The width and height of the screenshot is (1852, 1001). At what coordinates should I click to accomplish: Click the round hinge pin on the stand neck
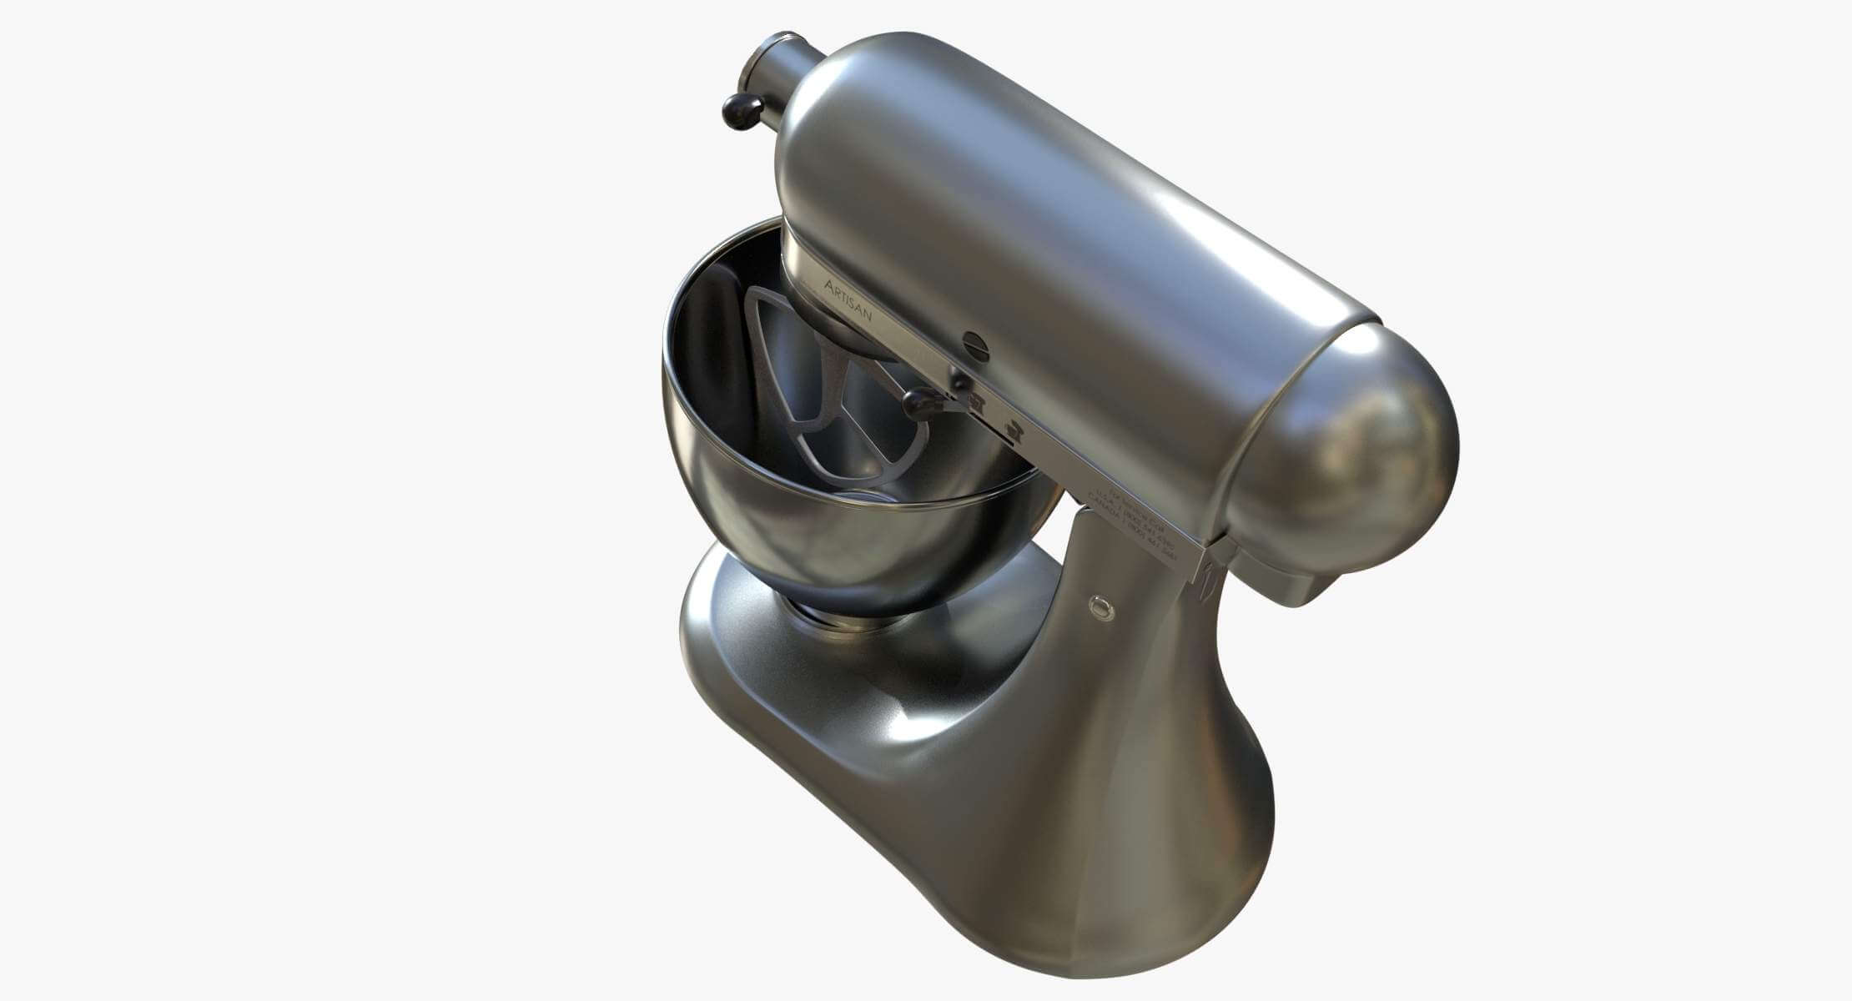tap(1102, 607)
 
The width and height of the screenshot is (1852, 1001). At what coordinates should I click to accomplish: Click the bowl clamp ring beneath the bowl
tap(822, 618)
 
